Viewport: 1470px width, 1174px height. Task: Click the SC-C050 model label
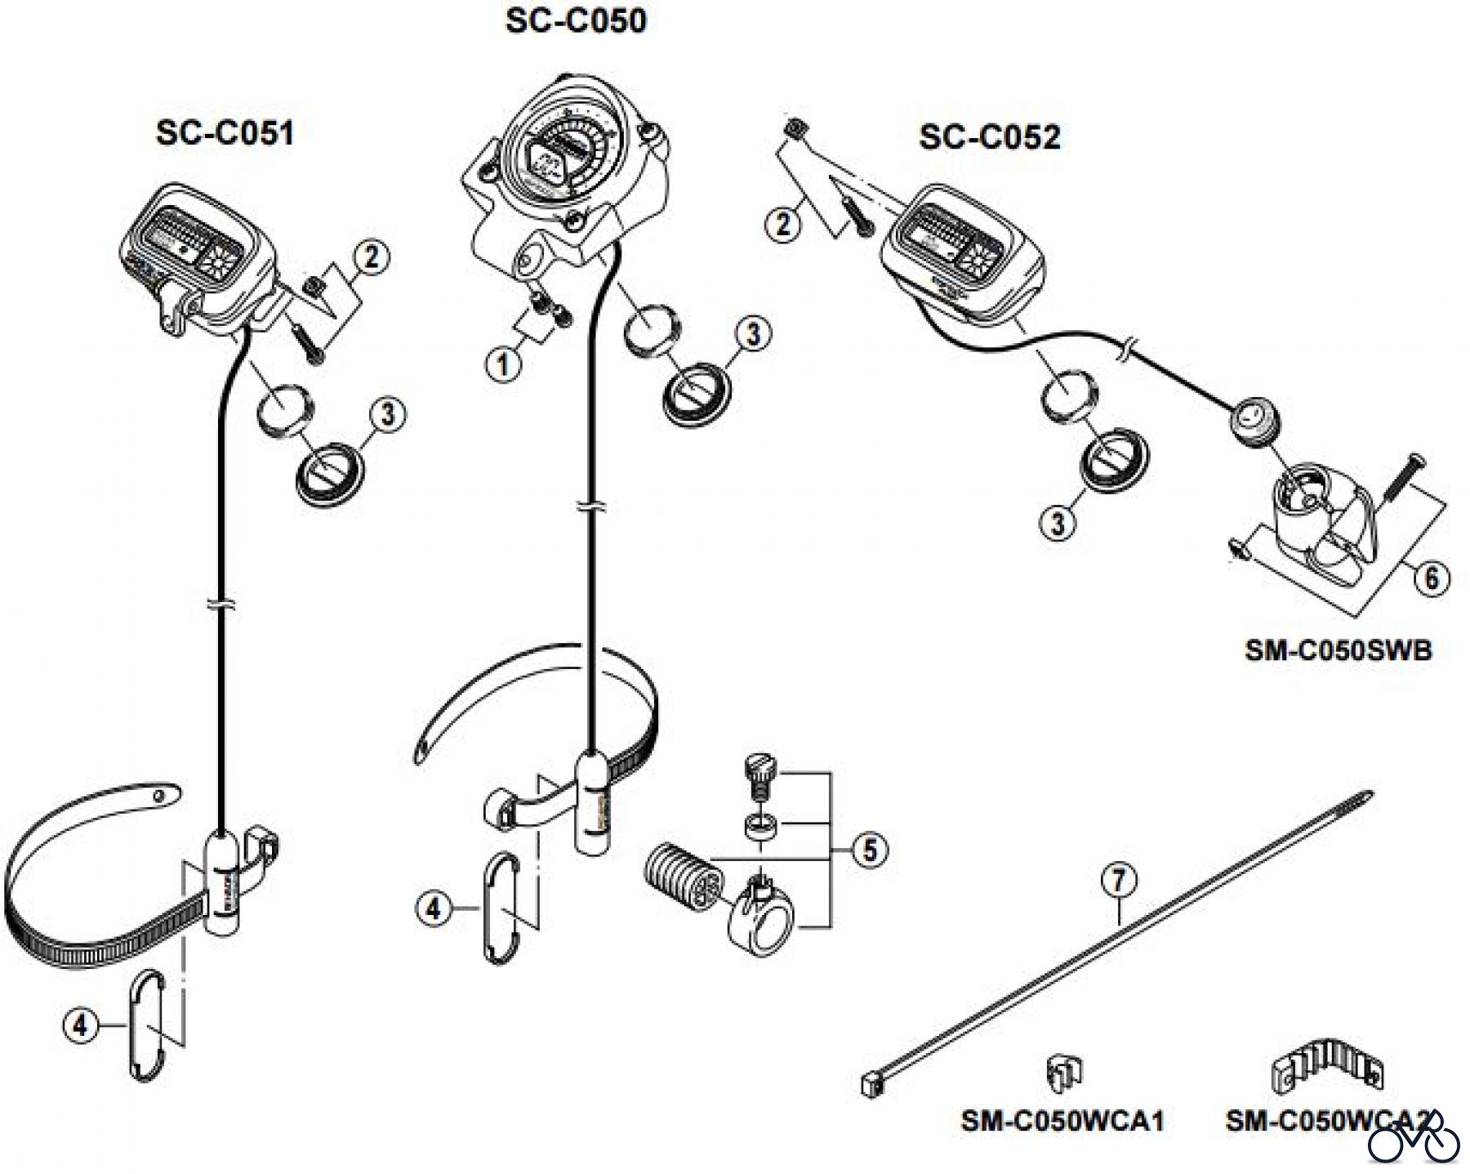[576, 20]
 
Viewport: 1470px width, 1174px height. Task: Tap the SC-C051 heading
[225, 132]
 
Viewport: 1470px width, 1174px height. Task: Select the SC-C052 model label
[989, 136]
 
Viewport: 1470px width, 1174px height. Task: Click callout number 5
[870, 850]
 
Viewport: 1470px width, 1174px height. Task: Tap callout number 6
[1431, 578]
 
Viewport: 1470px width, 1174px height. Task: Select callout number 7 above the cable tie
[1118, 881]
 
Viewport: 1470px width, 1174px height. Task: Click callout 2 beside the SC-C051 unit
[372, 258]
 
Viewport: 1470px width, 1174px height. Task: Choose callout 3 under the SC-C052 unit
[1058, 521]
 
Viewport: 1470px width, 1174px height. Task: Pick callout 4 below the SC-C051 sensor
[79, 1024]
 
